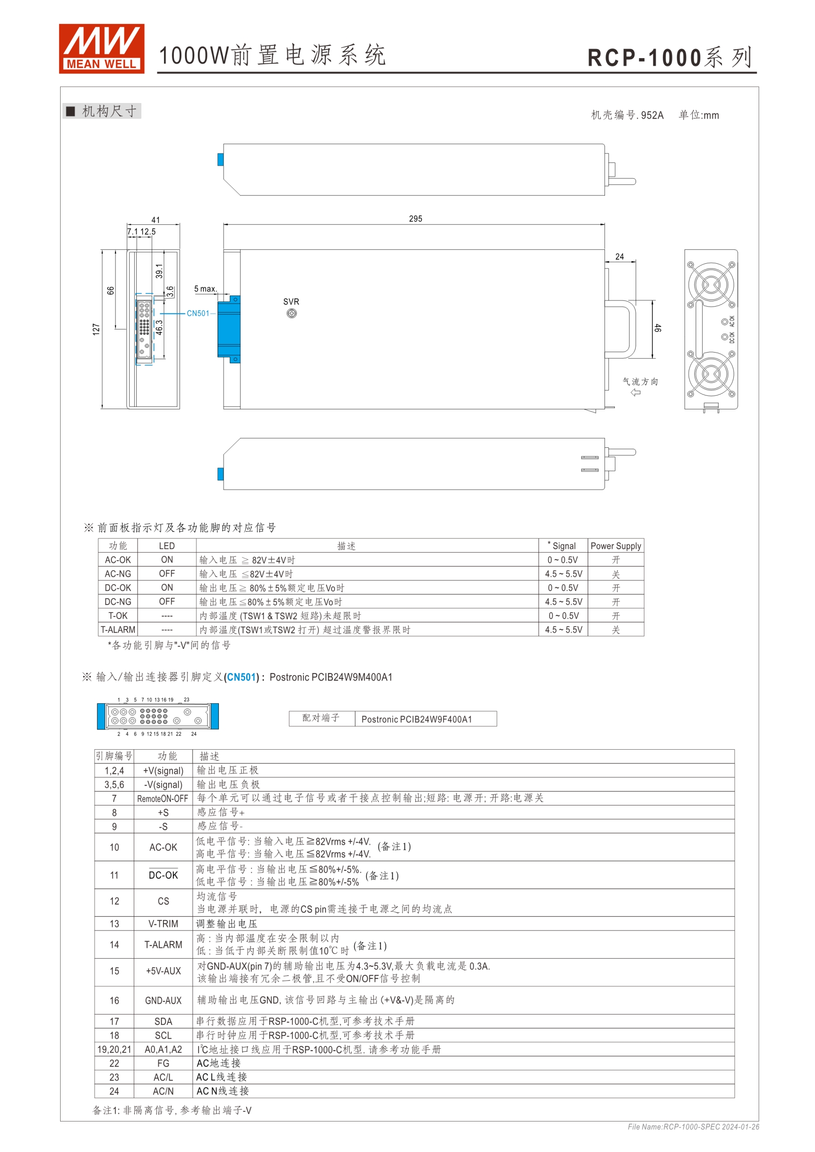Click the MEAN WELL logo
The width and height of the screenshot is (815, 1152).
point(101,49)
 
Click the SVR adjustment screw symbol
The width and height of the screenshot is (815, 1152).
point(291,314)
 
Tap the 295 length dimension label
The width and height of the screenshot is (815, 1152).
point(415,219)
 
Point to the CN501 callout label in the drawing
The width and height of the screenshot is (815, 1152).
point(198,314)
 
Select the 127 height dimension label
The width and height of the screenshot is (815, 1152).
point(96,329)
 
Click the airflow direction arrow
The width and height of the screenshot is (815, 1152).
point(636,392)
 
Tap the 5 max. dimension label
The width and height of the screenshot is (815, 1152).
point(205,289)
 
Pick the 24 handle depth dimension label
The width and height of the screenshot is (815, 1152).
point(620,256)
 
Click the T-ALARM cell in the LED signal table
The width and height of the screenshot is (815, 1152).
point(118,630)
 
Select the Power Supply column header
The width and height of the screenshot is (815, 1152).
point(616,546)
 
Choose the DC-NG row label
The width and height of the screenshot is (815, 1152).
point(118,602)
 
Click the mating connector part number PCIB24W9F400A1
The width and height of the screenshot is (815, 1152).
point(416,719)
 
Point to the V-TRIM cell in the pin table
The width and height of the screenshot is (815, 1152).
point(163,924)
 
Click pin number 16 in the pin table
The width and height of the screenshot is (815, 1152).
point(115,1000)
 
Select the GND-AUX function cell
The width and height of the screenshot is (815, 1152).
point(163,1000)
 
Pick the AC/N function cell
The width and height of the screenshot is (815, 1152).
point(163,1091)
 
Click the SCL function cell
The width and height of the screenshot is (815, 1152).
point(163,1036)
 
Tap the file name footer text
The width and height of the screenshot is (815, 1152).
point(693,1127)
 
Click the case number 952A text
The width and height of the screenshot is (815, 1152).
point(627,115)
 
